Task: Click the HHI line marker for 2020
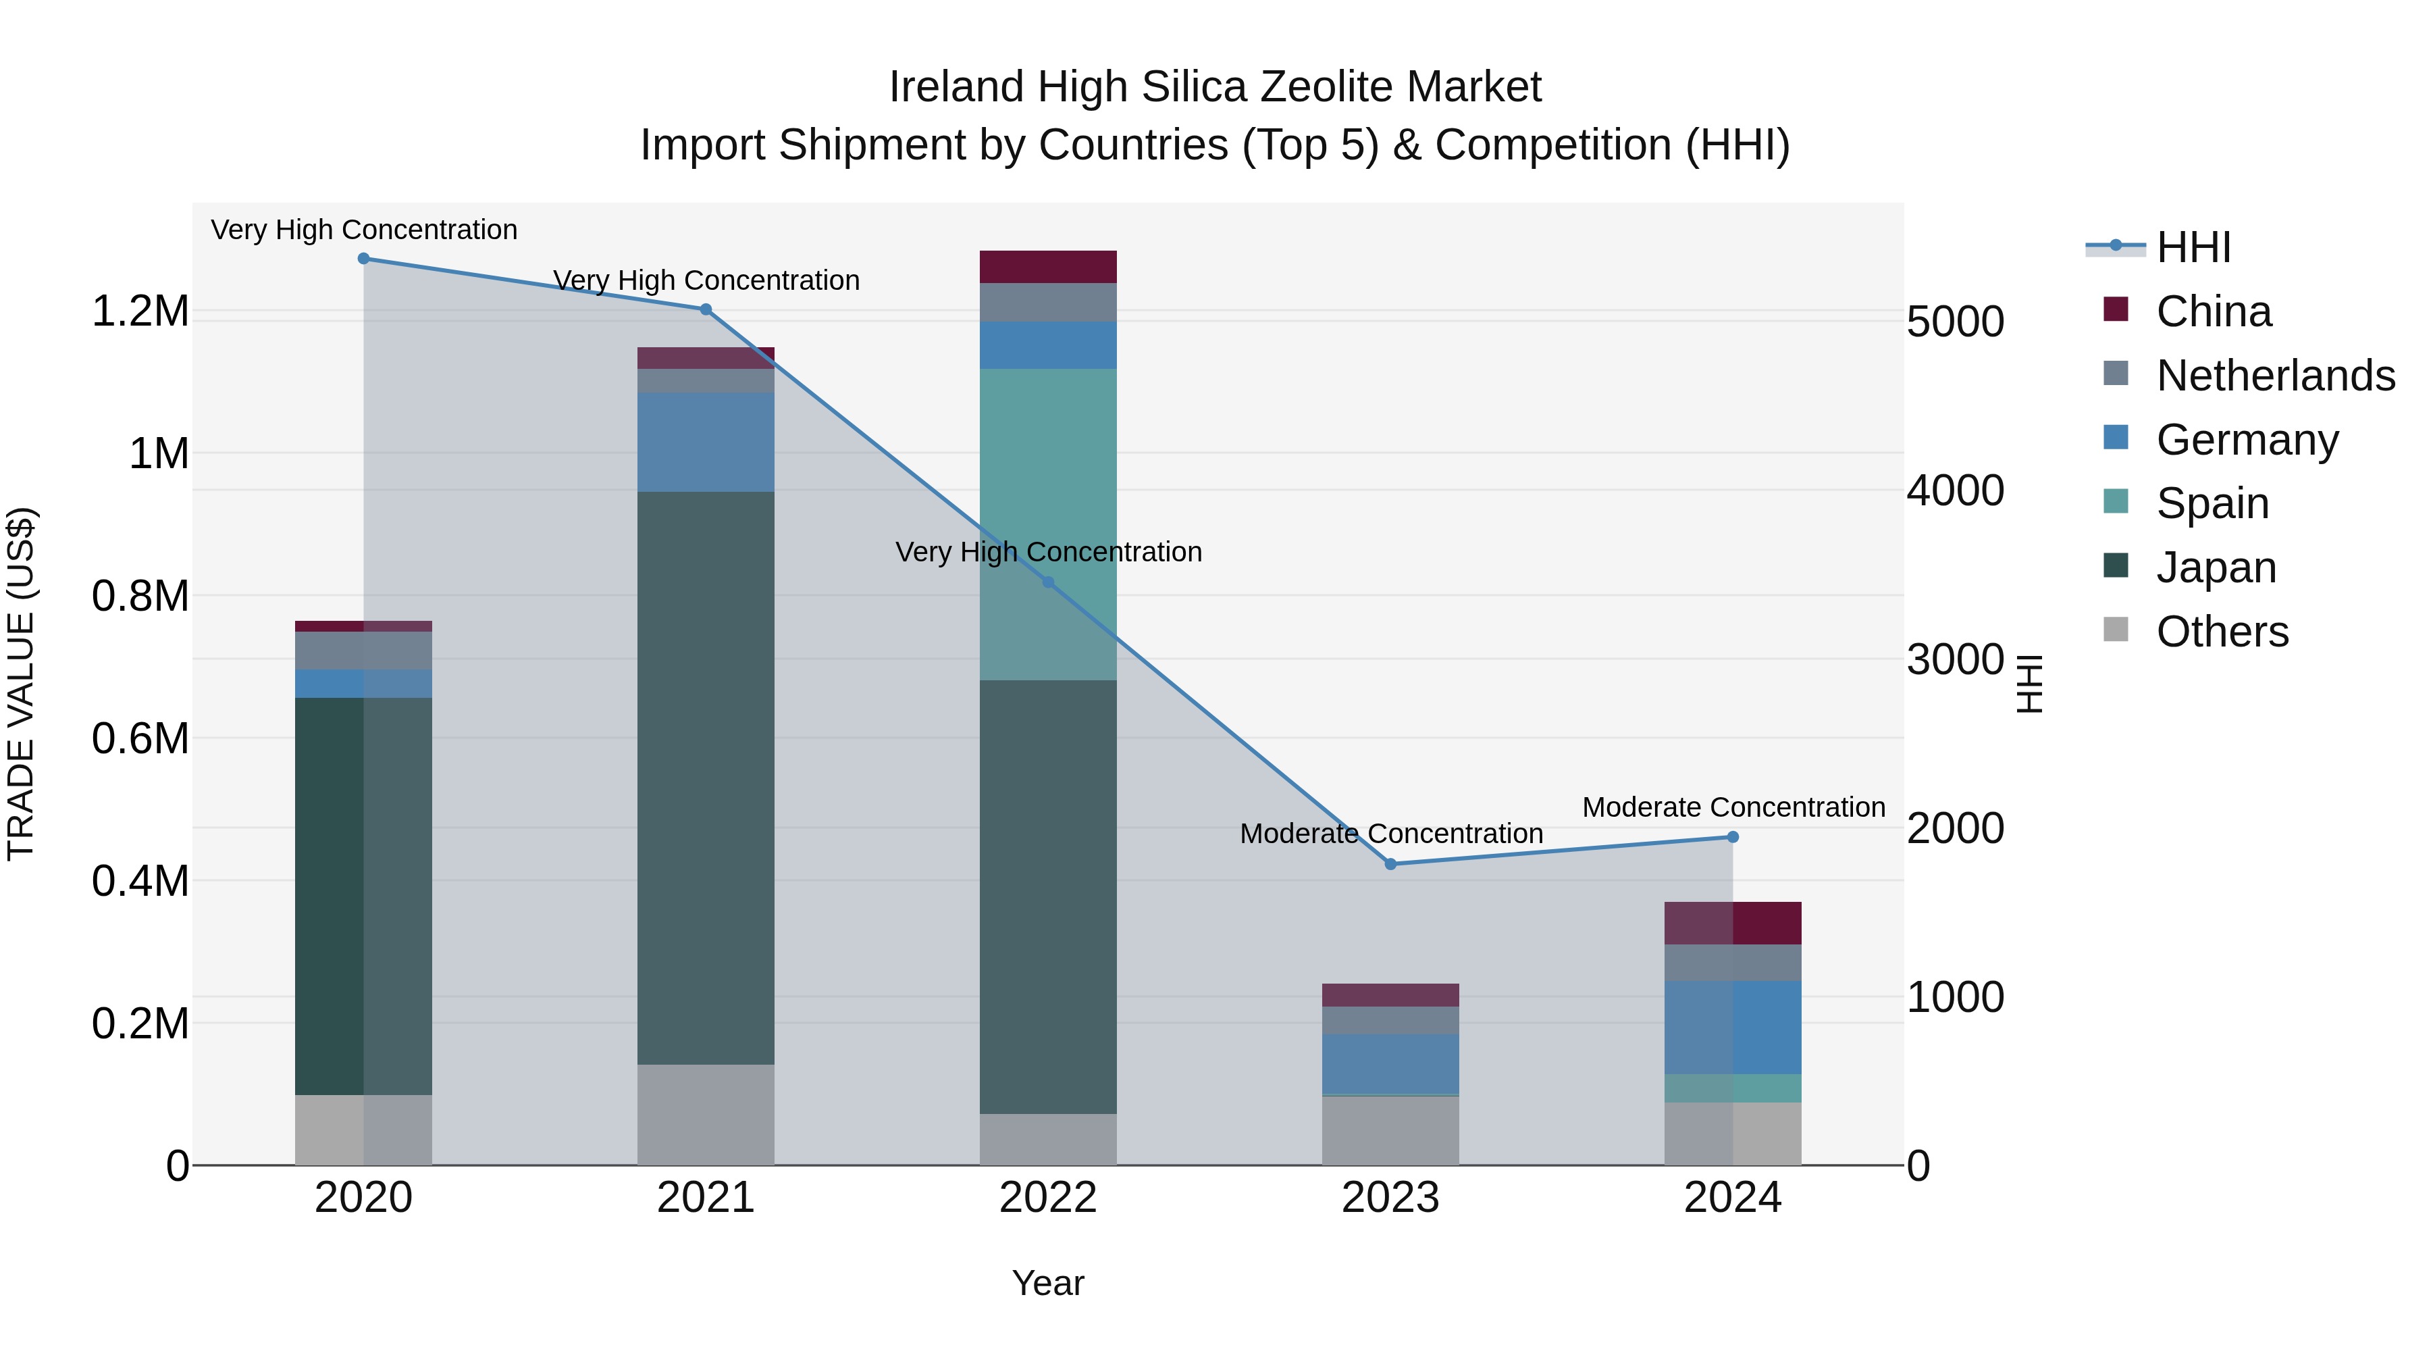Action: pyautogui.click(x=363, y=259)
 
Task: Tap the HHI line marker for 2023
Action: pyautogui.click(x=1390, y=864)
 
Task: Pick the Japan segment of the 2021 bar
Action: pyautogui.click(x=706, y=778)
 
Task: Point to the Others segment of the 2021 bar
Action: pyautogui.click(x=706, y=1114)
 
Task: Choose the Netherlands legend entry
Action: pyautogui.click(x=2275, y=376)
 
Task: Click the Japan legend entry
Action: pyautogui.click(x=2216, y=567)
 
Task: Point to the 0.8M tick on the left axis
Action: pyautogui.click(x=140, y=597)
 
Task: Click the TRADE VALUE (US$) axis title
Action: pyautogui.click(x=21, y=684)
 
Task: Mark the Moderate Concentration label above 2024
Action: pyautogui.click(x=1733, y=808)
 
